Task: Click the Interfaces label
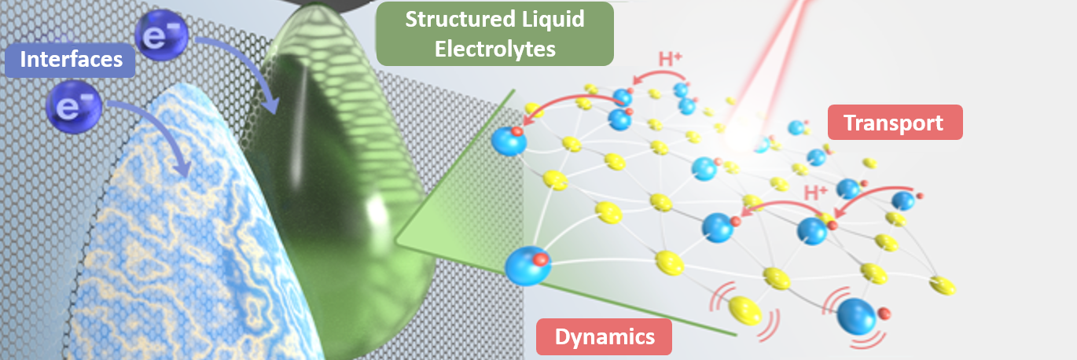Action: click(71, 60)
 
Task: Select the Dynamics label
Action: click(604, 337)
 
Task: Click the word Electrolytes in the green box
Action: click(495, 49)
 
